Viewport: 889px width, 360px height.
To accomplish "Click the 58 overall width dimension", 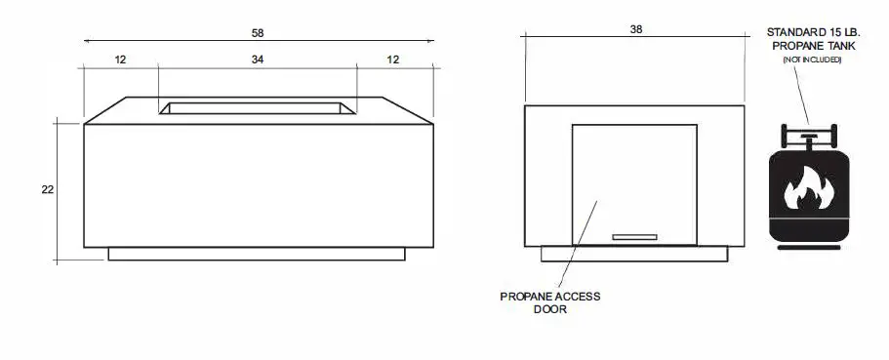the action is pos(258,33).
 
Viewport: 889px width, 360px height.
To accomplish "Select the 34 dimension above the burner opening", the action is pos(258,59).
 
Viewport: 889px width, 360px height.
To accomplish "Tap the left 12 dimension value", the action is pos(120,59).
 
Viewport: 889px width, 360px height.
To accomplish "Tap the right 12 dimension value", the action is pos(393,59).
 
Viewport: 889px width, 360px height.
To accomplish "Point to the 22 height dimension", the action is pos(47,190).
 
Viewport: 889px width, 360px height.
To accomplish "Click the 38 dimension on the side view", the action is pos(636,29).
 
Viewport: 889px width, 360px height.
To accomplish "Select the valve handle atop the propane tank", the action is pos(809,137).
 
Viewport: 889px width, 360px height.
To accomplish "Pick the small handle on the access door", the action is pos(634,237).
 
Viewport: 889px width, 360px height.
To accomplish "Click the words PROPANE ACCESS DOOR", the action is pos(550,302).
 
